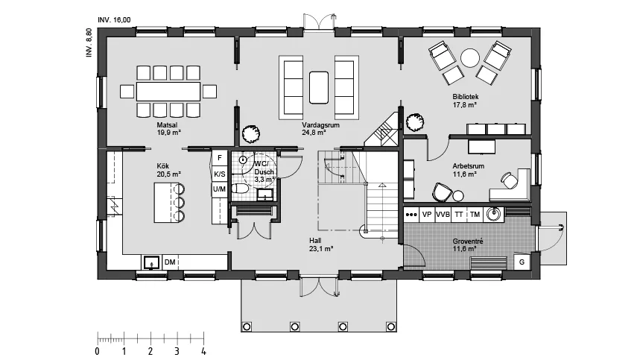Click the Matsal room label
click(x=167, y=125)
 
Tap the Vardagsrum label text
click(x=320, y=125)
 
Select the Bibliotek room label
click(x=466, y=97)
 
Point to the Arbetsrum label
click(x=469, y=166)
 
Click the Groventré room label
click(x=468, y=241)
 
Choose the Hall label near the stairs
click(x=315, y=241)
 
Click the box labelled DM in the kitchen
click(x=170, y=262)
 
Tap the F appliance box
click(x=220, y=158)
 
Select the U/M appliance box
click(x=219, y=189)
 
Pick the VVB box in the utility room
click(x=443, y=214)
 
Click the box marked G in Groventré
click(x=522, y=262)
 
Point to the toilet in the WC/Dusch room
click(x=240, y=188)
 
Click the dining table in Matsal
click(x=168, y=92)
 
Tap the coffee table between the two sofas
click(x=319, y=88)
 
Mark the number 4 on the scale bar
click(x=203, y=351)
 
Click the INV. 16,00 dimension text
click(x=115, y=20)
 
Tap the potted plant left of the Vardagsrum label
click(x=250, y=133)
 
